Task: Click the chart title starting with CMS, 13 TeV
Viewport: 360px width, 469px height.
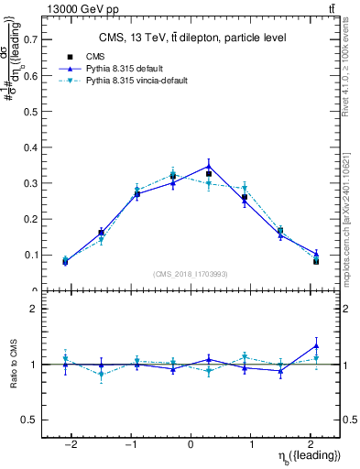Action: click(x=191, y=38)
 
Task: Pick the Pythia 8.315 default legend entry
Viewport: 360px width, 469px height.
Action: click(x=128, y=69)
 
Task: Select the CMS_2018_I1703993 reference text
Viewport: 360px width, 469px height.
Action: click(x=191, y=274)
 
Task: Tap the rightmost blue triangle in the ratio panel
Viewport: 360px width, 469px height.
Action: click(x=316, y=345)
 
